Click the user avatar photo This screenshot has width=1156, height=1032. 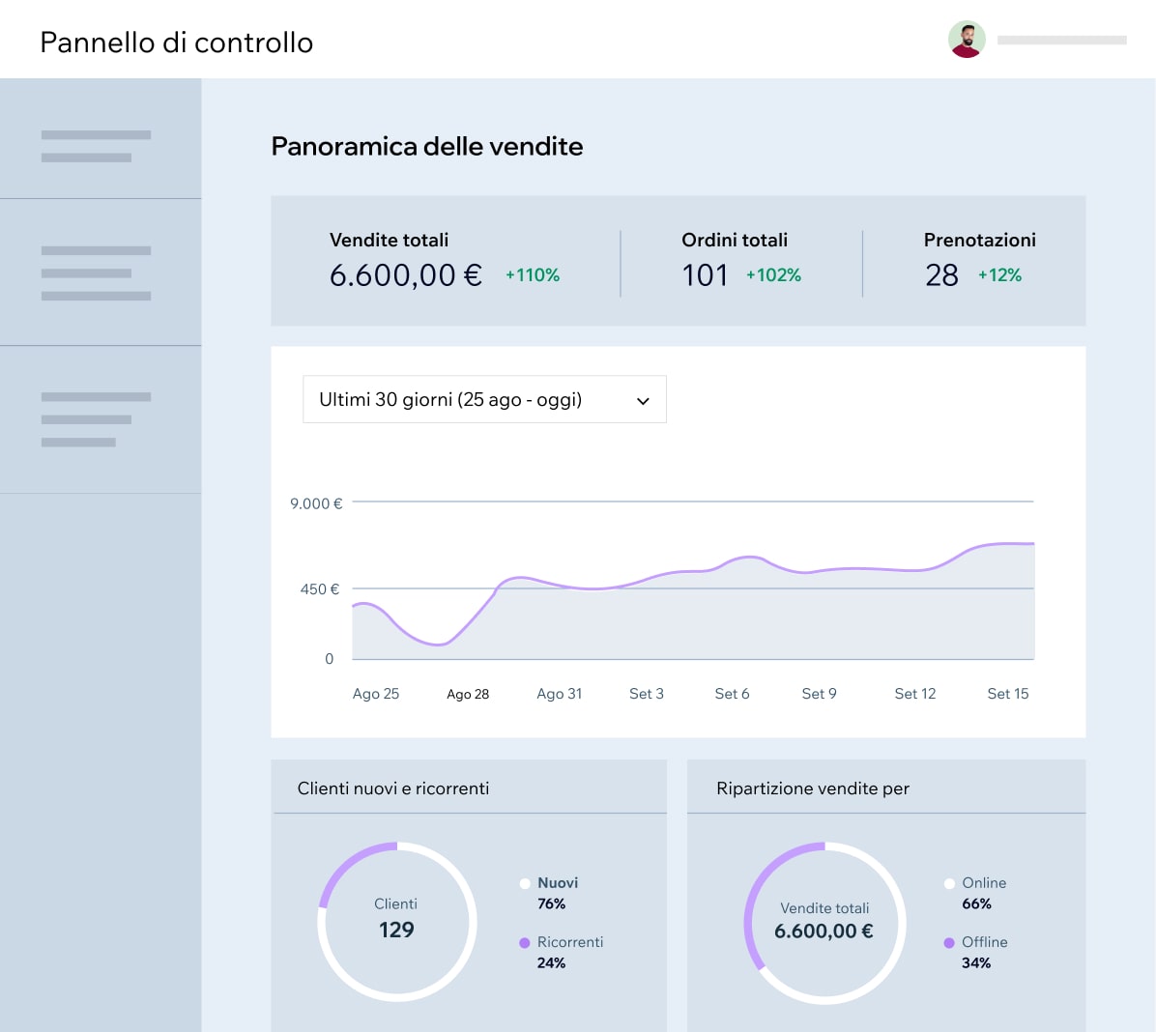[x=967, y=40]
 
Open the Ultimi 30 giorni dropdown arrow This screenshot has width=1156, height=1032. [x=643, y=401]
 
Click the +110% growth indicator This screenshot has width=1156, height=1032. [x=533, y=275]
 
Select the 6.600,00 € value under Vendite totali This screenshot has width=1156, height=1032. [x=405, y=275]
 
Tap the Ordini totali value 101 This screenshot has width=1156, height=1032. [x=705, y=275]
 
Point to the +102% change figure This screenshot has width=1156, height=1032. [x=773, y=275]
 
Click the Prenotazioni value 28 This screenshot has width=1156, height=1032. [x=941, y=275]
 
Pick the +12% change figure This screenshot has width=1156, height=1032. [x=999, y=275]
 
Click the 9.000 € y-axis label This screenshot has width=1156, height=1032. [x=316, y=503]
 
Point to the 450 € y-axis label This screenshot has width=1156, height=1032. [x=320, y=588]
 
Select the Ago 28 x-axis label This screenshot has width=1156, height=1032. [x=468, y=694]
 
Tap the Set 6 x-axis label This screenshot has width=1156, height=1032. [x=732, y=694]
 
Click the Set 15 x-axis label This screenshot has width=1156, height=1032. [x=1008, y=694]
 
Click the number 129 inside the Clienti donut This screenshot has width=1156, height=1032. [x=396, y=930]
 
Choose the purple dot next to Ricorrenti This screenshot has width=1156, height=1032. [x=525, y=942]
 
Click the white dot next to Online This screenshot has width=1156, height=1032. [x=949, y=883]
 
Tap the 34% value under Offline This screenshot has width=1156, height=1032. [x=976, y=962]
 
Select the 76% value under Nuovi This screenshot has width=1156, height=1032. [x=551, y=903]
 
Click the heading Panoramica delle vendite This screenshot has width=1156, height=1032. [x=427, y=146]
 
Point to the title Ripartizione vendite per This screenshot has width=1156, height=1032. [x=813, y=788]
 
